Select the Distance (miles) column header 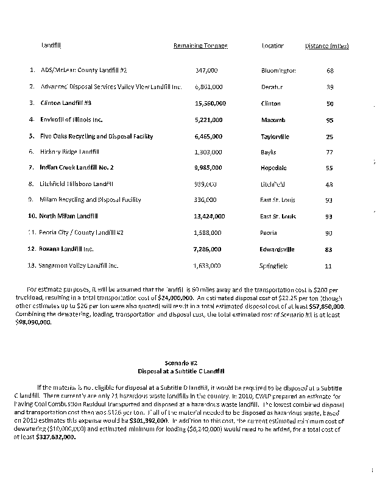click(x=326, y=46)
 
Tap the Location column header click(x=273, y=46)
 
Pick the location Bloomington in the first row click(x=278, y=71)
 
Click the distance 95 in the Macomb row click(x=329, y=120)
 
